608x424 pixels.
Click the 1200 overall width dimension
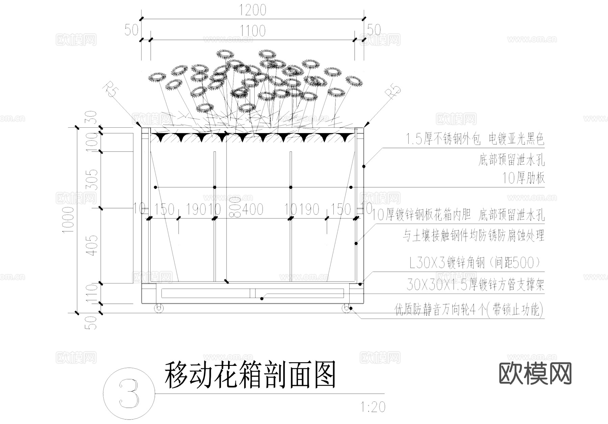(253, 10)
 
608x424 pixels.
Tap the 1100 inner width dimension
(253, 31)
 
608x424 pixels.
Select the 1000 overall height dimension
(68, 220)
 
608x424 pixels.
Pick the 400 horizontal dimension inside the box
(253, 209)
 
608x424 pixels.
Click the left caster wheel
(159, 308)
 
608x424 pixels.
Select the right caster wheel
(346, 308)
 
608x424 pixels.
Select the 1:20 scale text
(373, 407)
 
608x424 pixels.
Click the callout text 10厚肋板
(524, 178)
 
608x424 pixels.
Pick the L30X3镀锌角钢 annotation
(476, 263)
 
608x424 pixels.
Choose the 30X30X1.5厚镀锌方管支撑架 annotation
(476, 285)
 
